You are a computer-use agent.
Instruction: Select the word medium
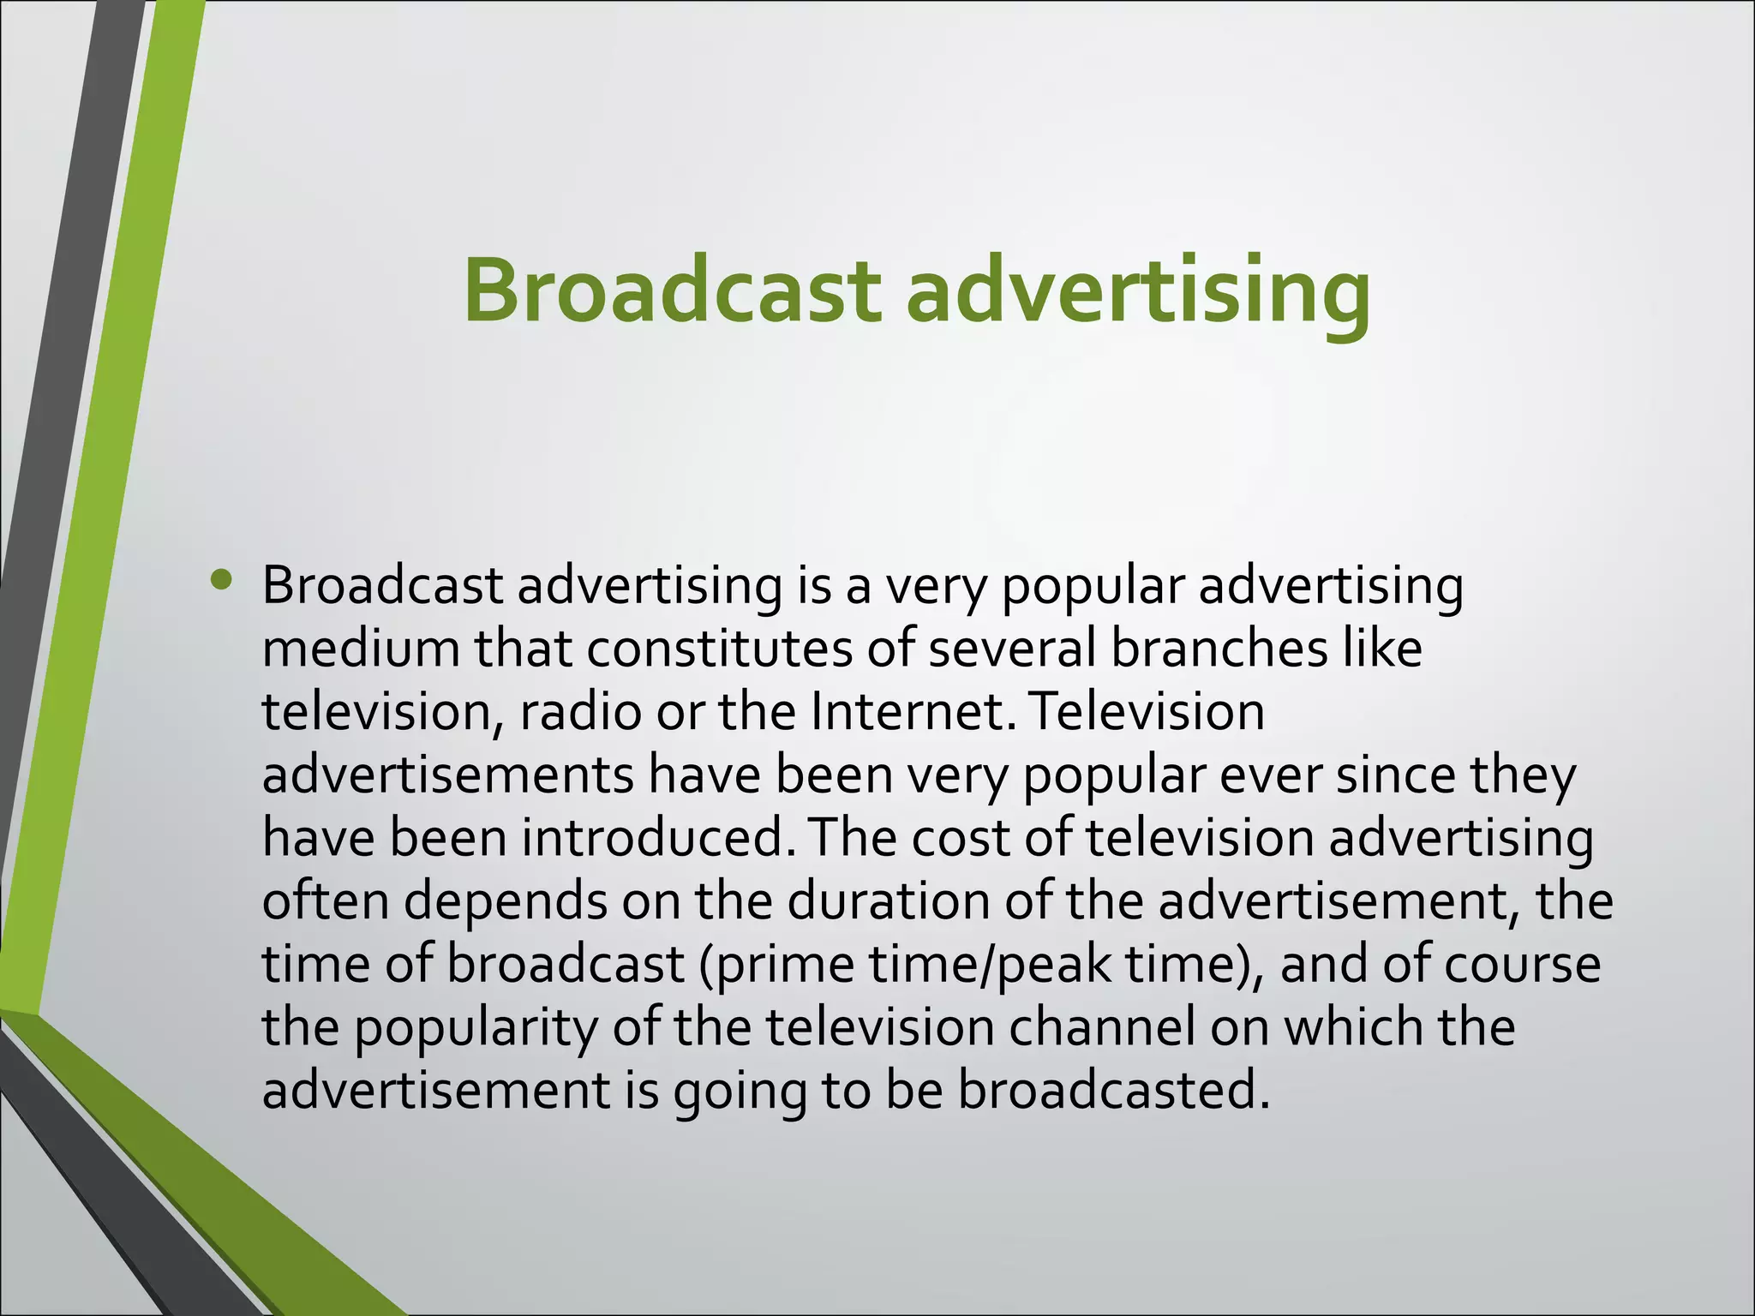click(360, 649)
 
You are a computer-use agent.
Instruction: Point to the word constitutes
click(719, 649)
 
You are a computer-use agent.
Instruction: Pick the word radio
click(580, 712)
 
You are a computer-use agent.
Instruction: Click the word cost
click(960, 838)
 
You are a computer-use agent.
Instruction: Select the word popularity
click(475, 1028)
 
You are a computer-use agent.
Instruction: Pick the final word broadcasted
click(1113, 1091)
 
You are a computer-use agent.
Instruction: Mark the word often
click(326, 901)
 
